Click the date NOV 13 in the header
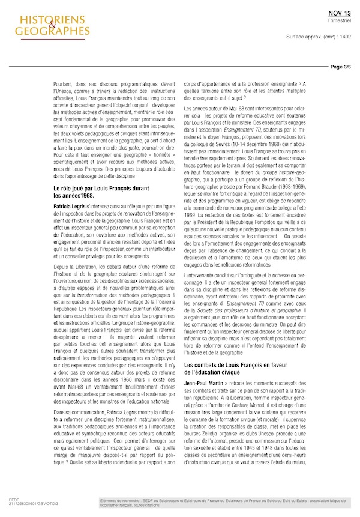(340, 12)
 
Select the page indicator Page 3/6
(341, 67)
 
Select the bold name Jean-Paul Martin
(203, 366)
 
